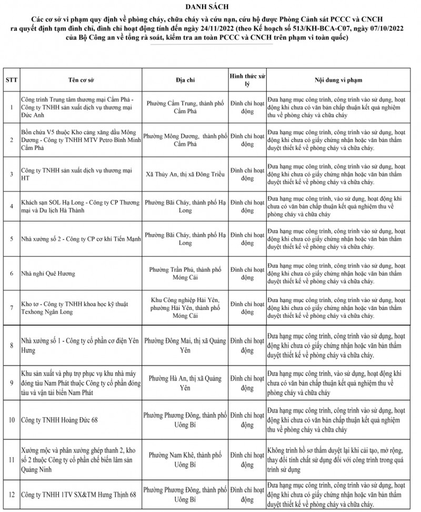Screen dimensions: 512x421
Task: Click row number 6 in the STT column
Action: pyautogui.click(x=11, y=274)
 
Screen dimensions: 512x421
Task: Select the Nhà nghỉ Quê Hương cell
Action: pyautogui.click(x=48, y=274)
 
